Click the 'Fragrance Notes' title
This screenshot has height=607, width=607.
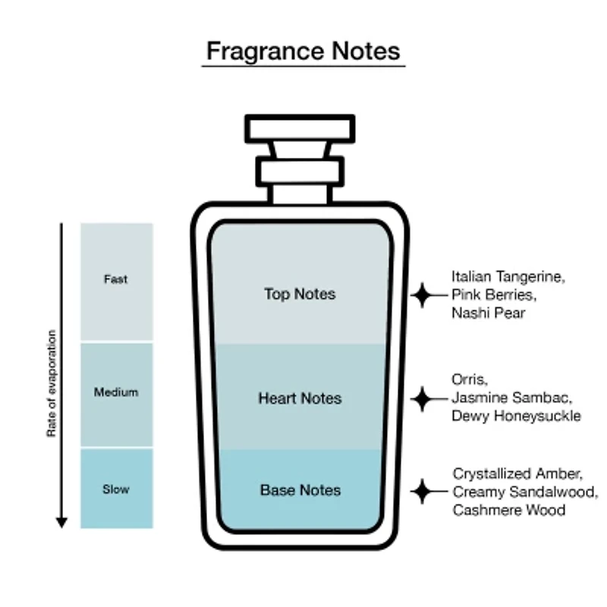[x=303, y=51]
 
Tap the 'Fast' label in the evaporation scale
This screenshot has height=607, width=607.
[x=115, y=279]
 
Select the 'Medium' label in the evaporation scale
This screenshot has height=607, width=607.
[x=116, y=392]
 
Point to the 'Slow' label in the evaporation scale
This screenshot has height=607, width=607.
[x=116, y=489]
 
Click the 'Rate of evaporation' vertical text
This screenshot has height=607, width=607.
[x=52, y=383]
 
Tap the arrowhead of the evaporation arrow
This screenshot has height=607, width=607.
[x=61, y=522]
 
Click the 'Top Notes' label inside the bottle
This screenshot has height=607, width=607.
[x=300, y=294]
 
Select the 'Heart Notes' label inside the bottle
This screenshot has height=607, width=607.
[x=300, y=398]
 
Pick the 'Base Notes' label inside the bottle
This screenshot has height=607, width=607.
[x=300, y=490]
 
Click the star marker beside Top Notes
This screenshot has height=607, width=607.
[x=423, y=295]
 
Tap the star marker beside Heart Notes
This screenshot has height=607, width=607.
[x=423, y=399]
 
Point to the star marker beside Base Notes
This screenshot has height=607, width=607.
[x=423, y=491]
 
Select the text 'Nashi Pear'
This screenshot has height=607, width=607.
[x=489, y=313]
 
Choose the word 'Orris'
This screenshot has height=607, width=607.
[x=468, y=380]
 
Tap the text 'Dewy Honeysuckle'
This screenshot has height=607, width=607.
[x=517, y=416]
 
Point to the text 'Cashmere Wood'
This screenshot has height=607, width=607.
[x=509, y=510]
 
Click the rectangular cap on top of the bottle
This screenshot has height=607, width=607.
[x=300, y=129]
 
